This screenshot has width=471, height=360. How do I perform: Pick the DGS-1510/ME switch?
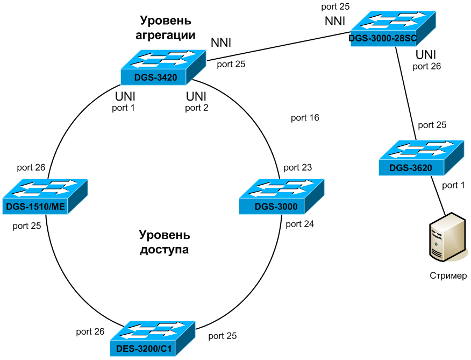click(x=44, y=196)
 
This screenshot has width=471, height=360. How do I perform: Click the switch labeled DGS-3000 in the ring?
click(x=282, y=196)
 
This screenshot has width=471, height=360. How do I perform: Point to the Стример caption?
click(x=448, y=276)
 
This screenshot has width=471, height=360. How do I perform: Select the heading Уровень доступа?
click(x=164, y=242)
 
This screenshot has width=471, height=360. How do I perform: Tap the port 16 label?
click(x=305, y=118)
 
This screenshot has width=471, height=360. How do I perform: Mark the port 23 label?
click(x=297, y=167)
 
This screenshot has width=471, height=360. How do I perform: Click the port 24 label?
click(x=299, y=224)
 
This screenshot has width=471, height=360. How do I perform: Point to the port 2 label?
click(x=196, y=108)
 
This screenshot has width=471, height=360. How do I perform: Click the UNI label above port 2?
click(x=196, y=97)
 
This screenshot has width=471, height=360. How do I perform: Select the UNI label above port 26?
click(x=425, y=55)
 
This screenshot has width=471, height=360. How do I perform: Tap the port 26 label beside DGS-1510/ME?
click(x=31, y=167)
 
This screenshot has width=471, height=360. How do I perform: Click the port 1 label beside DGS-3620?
click(x=453, y=185)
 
